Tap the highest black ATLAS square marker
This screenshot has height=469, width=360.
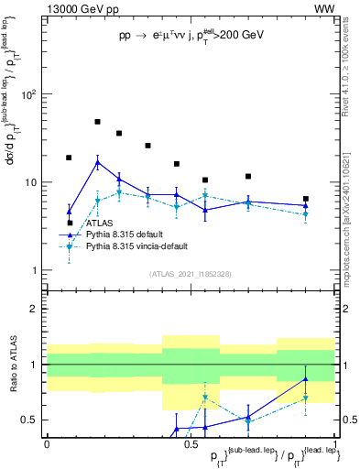click(x=97, y=122)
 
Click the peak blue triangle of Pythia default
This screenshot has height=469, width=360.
click(x=97, y=162)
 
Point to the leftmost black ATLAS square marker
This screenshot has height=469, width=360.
click(x=69, y=158)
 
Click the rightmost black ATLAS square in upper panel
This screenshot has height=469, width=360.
click(x=306, y=199)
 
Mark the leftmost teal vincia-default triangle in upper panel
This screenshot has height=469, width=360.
click(x=69, y=246)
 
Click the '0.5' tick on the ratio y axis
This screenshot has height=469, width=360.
click(x=32, y=420)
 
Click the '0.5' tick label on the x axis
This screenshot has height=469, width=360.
click(x=190, y=443)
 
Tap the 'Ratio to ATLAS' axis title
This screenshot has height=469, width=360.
click(x=13, y=365)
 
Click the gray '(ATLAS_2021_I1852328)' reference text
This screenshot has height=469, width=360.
click(x=190, y=274)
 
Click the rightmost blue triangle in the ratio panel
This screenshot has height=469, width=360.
click(x=306, y=379)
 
